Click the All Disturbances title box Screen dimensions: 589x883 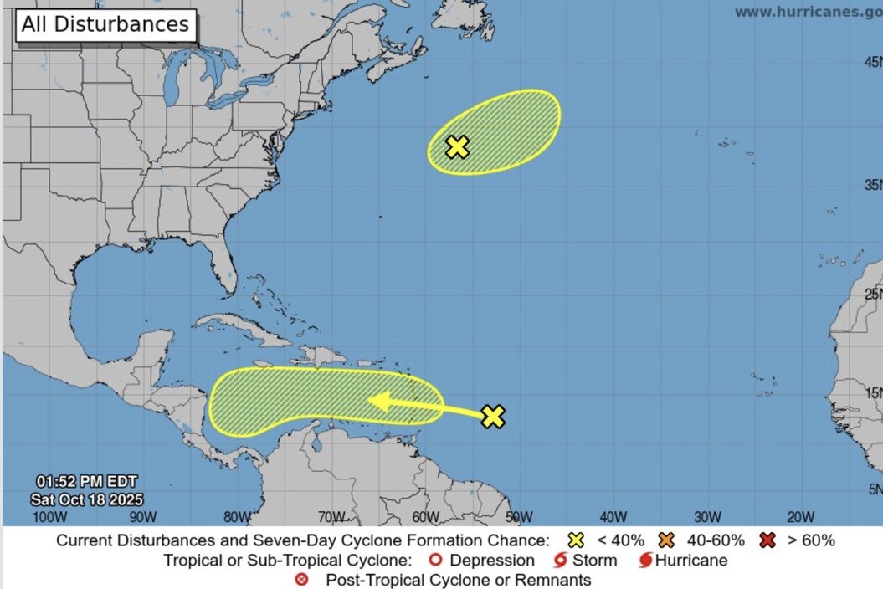tap(105, 24)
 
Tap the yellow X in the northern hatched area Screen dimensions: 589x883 tap(456, 147)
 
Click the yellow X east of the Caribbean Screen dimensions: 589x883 tap(494, 416)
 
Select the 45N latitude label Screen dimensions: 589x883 tap(873, 63)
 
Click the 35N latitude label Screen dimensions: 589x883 tap(873, 185)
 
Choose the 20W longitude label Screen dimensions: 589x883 tap(800, 516)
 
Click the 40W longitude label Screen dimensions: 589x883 tap(613, 516)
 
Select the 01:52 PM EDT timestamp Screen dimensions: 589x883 tap(86, 481)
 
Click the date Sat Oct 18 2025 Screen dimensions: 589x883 tap(86, 499)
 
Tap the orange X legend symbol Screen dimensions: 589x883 tap(667, 540)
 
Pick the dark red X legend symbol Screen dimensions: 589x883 tap(767, 540)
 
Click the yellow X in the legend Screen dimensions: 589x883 tap(576, 540)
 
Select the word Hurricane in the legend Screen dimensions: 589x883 tap(691, 561)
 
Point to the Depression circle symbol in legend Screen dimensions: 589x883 tap(435, 561)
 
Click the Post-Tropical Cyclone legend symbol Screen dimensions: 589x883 tap(302, 580)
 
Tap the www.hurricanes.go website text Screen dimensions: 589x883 tap(808, 12)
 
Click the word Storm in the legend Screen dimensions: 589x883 tap(595, 561)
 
